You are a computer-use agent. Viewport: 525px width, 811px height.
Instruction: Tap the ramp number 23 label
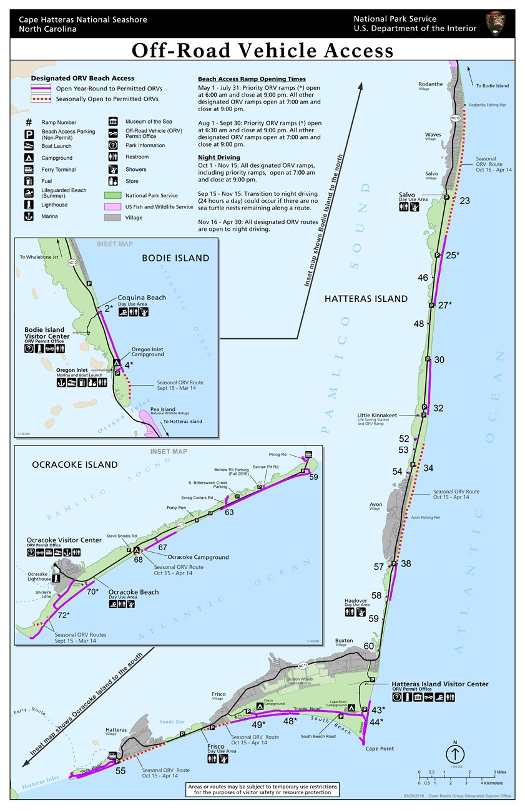click(464, 201)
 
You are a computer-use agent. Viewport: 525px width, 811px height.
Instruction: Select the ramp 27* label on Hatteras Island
click(444, 305)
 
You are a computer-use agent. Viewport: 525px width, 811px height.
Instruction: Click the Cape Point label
click(380, 749)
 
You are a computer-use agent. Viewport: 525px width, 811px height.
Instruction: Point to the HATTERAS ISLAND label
click(366, 299)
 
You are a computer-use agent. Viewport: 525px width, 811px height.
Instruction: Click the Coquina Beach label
click(144, 298)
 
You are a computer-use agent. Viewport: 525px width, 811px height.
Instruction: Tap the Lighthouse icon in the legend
click(28, 205)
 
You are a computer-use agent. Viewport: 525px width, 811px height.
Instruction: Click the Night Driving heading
click(218, 158)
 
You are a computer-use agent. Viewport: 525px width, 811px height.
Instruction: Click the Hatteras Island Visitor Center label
click(439, 684)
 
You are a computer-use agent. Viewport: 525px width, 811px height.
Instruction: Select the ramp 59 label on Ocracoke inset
click(313, 477)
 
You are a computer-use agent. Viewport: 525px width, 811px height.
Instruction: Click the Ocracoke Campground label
click(198, 557)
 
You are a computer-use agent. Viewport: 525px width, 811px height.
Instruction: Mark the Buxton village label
click(344, 641)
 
